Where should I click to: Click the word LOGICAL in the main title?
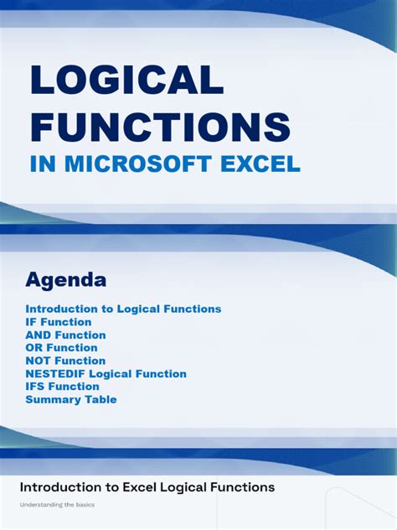click(x=126, y=81)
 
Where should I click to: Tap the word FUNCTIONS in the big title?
click(x=160, y=127)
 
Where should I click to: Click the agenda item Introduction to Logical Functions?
click(x=123, y=309)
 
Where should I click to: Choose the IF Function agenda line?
click(x=59, y=322)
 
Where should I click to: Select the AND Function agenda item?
click(x=65, y=335)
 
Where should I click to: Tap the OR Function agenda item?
click(x=61, y=348)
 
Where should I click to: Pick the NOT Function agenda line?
click(x=65, y=361)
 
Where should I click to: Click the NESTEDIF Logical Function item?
click(x=106, y=374)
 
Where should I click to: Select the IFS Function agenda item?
click(x=62, y=387)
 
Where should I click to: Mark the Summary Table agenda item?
click(x=71, y=400)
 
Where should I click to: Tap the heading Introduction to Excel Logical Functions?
click(x=147, y=487)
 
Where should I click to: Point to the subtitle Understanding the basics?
click(x=57, y=505)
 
